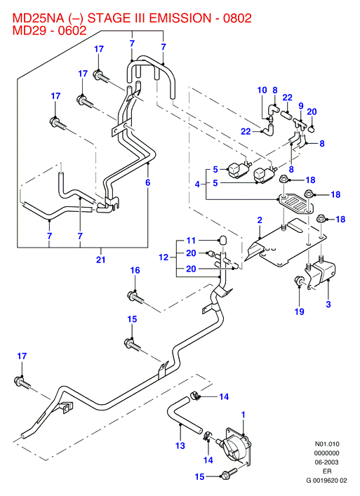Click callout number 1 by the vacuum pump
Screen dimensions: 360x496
244,415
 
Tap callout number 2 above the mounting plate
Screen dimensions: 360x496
260,220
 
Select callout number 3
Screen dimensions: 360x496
328,304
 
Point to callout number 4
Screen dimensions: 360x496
197,184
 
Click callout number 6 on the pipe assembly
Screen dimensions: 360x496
148,182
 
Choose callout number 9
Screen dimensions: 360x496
301,106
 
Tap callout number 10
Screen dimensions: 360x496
262,91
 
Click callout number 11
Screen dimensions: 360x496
191,241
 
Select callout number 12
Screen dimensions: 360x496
164,257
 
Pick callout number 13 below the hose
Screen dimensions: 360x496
180,445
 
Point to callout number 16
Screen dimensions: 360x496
135,270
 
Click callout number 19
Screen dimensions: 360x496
299,311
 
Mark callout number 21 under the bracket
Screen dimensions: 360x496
100,260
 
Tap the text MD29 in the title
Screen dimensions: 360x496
29,30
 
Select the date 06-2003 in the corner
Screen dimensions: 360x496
326,462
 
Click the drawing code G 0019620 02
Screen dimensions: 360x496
326,481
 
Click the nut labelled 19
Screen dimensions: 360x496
299,281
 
